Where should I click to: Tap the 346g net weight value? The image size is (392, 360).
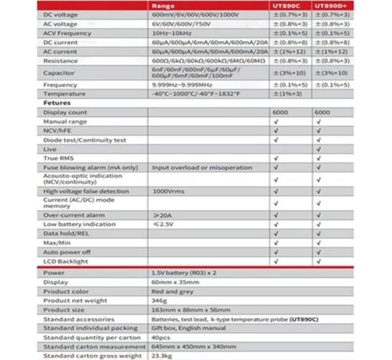click(x=159, y=301)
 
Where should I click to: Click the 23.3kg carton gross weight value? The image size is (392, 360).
click(x=163, y=355)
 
